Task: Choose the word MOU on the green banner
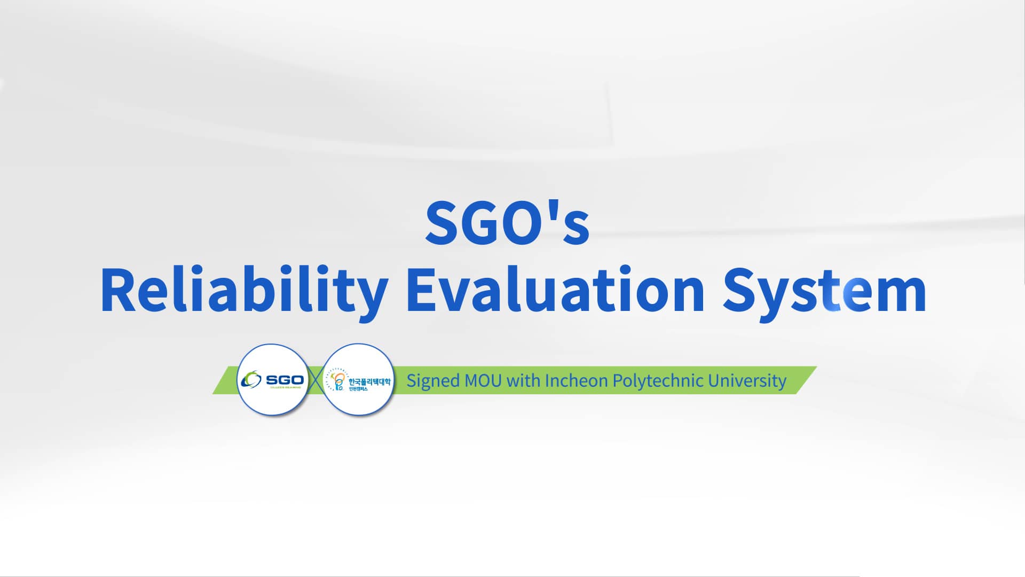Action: click(x=483, y=381)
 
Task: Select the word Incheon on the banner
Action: click(x=576, y=381)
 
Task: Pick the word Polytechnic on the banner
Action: click(x=658, y=381)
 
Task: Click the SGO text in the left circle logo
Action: click(x=285, y=380)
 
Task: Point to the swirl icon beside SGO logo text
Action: click(x=251, y=380)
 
